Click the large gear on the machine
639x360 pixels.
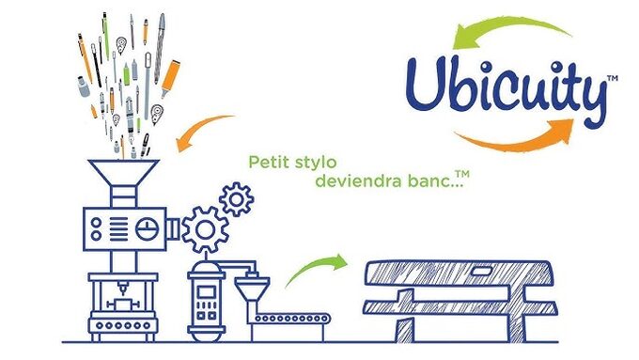(205, 228)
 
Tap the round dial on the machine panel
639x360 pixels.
(145, 227)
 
